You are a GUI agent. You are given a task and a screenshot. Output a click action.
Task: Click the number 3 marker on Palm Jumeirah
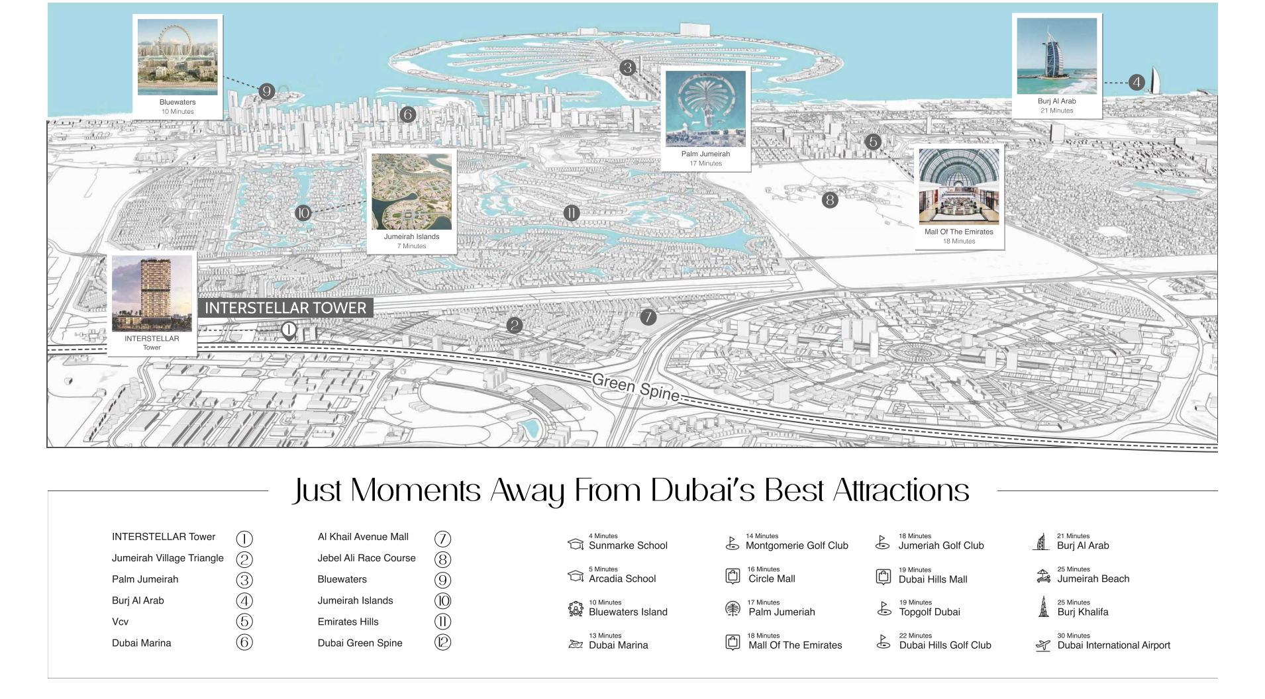627,67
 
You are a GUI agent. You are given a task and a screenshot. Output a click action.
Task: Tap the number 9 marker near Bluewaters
266,91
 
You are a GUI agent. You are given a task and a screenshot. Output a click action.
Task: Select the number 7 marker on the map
648,317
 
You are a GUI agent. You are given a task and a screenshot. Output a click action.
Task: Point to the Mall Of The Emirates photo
958,187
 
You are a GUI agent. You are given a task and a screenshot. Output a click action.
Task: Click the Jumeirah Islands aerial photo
411,192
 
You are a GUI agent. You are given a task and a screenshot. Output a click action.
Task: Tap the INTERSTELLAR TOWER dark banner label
285,308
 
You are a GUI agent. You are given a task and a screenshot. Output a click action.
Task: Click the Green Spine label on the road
635,388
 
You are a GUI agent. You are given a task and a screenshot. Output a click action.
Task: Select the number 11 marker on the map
571,213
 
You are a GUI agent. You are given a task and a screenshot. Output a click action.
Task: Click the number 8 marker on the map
829,200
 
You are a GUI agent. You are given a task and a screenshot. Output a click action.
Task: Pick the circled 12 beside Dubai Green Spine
442,642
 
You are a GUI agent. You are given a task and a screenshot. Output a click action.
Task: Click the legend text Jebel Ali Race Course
366,558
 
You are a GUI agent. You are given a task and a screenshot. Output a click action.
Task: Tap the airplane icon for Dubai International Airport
1043,645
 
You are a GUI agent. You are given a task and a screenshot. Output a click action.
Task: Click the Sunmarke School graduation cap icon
576,544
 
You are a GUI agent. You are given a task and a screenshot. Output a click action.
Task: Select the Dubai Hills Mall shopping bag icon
884,577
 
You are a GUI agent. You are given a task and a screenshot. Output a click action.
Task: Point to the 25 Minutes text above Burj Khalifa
1074,602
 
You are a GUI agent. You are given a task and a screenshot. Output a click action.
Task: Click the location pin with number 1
288,330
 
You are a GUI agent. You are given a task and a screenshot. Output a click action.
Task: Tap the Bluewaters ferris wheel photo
177,57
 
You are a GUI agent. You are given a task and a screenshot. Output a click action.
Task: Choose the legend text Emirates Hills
348,622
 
